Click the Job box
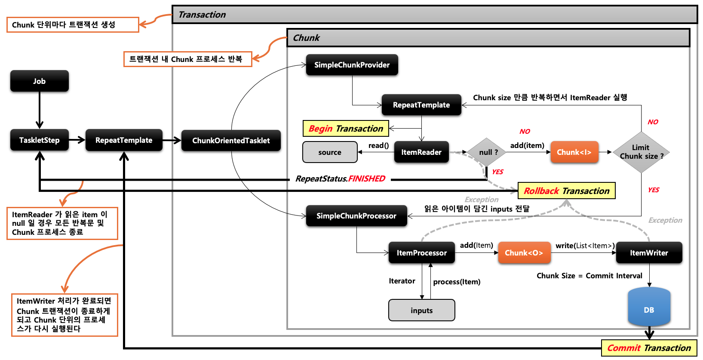(40, 81)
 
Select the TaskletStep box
(40, 140)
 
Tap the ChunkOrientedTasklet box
(231, 141)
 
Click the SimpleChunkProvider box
(352, 65)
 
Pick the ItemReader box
(421, 152)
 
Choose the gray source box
(330, 152)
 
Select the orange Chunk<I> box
(574, 152)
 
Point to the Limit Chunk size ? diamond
(641, 152)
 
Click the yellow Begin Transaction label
(346, 129)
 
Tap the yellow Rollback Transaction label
(566, 191)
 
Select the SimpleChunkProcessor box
(356, 216)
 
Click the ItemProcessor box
(421, 253)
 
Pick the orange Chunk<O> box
(524, 253)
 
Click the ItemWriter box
(649, 253)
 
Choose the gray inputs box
(421, 311)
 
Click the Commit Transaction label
(649, 348)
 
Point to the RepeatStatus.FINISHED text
(340, 178)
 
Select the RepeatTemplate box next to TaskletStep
(124, 140)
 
